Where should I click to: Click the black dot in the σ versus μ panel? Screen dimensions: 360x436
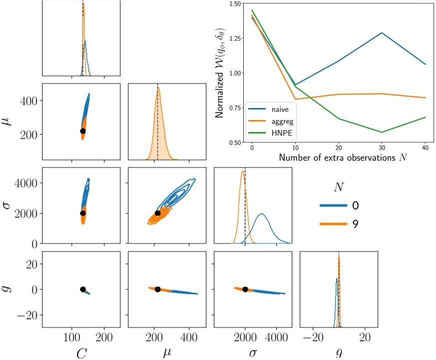coord(158,213)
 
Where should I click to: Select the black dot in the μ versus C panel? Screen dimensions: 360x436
coord(83,130)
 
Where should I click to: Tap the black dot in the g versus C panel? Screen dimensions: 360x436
coord(83,289)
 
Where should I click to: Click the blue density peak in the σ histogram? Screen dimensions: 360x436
coord(261,214)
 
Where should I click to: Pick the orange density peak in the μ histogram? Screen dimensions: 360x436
coord(158,87)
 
